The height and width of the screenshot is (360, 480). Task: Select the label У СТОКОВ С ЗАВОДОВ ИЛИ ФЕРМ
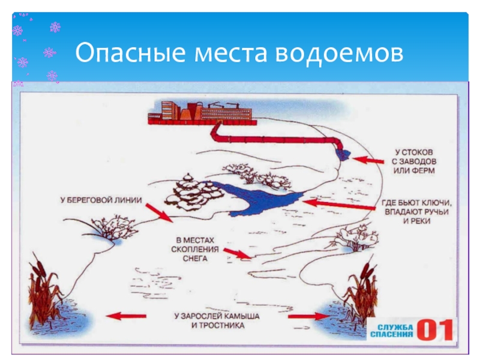point(419,160)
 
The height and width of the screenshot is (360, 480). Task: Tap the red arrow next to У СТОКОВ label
point(368,160)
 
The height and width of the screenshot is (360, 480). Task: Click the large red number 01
point(435,329)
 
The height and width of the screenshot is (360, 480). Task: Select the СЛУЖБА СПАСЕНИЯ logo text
point(392,329)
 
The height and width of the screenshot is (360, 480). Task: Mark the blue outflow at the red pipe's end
point(342,154)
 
